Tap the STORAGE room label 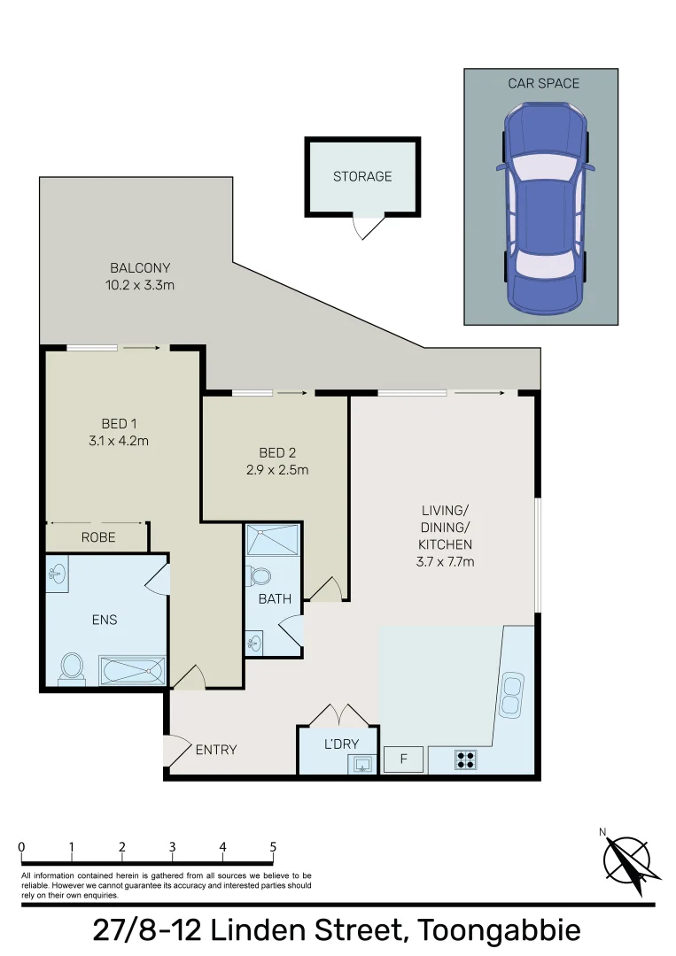pos(362,176)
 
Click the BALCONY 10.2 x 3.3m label pos(140,276)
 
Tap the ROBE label pos(98,536)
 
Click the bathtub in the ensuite pos(131,670)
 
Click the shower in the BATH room pos(273,540)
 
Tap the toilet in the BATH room pos(260,576)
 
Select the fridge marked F pos(403,759)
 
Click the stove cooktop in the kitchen pos(466,759)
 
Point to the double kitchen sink pos(511,693)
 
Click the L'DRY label pos(340,744)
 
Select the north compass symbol pos(627,859)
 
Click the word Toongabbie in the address pos(499,931)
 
